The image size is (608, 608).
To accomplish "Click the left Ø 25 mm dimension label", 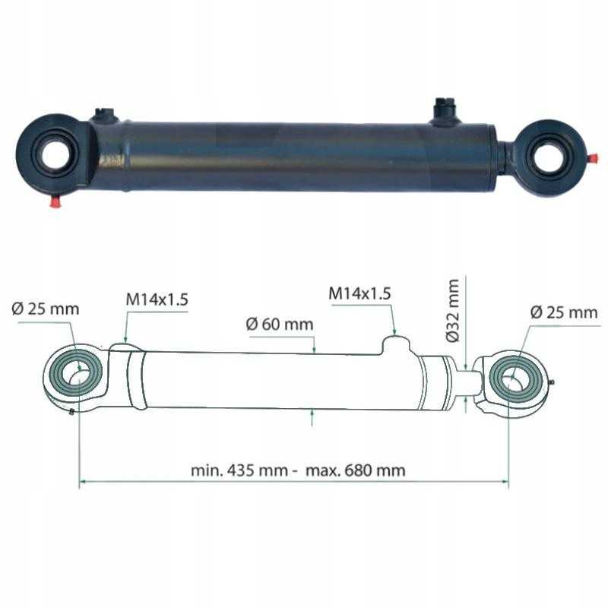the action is [x=46, y=309].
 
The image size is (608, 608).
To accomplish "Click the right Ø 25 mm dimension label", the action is [x=564, y=312].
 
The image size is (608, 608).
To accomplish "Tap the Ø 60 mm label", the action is [x=280, y=325].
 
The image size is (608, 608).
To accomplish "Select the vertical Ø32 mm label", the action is [x=452, y=311].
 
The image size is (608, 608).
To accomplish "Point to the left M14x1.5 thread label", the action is [x=157, y=299].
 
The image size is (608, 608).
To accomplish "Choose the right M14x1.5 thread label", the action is [x=359, y=293].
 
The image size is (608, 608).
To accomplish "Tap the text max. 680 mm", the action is [x=356, y=470].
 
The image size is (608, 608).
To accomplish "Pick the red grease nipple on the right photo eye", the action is [x=592, y=159].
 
